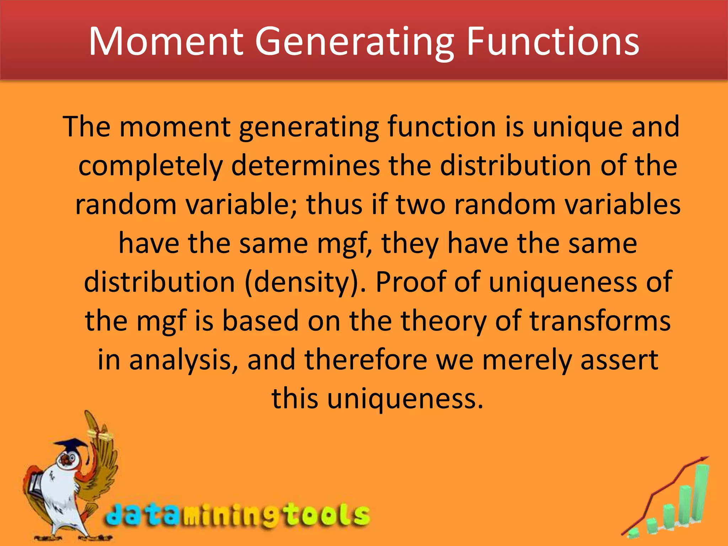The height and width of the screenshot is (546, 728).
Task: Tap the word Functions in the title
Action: pos(552,42)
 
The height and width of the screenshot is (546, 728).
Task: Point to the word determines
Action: pos(306,166)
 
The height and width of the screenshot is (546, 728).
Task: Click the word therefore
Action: pos(366,359)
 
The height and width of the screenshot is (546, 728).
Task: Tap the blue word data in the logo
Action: pos(142,515)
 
